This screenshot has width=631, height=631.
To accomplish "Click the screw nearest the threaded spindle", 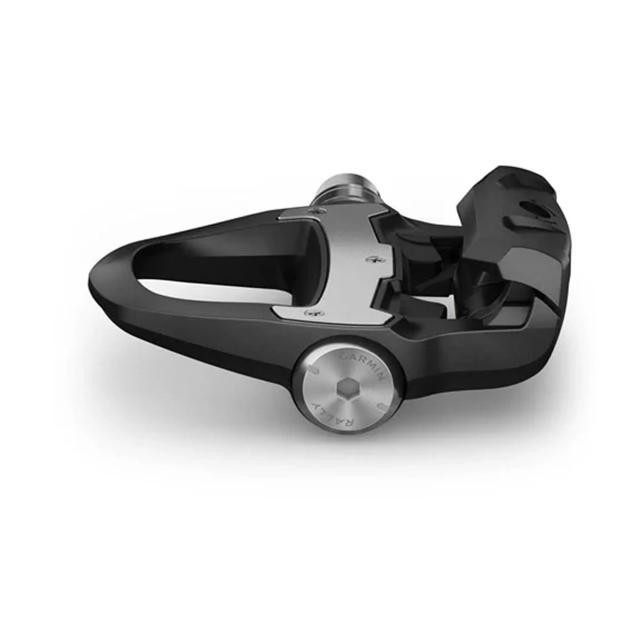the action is pos(319,211).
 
